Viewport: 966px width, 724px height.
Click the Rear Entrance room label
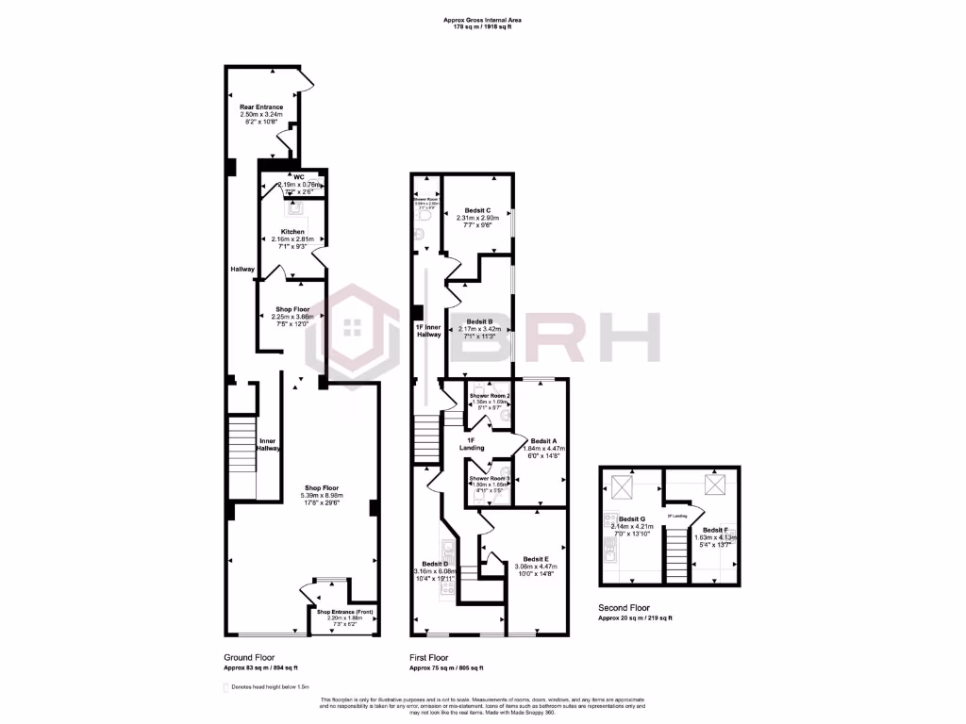pos(261,107)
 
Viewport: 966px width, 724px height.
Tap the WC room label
pos(298,176)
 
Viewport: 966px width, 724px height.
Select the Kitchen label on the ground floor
pos(292,231)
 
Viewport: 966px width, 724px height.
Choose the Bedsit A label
pos(543,441)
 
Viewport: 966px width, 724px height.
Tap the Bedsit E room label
pos(536,559)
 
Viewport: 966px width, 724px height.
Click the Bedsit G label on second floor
pos(631,518)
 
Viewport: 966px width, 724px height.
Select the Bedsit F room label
pos(713,530)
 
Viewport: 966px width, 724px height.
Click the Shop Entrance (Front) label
pos(345,613)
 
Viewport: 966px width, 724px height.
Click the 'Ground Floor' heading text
pos(249,657)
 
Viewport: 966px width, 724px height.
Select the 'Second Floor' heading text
pos(623,608)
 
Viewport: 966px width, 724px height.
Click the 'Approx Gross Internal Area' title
pos(482,20)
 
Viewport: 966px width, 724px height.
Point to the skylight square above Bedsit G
pos(624,487)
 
